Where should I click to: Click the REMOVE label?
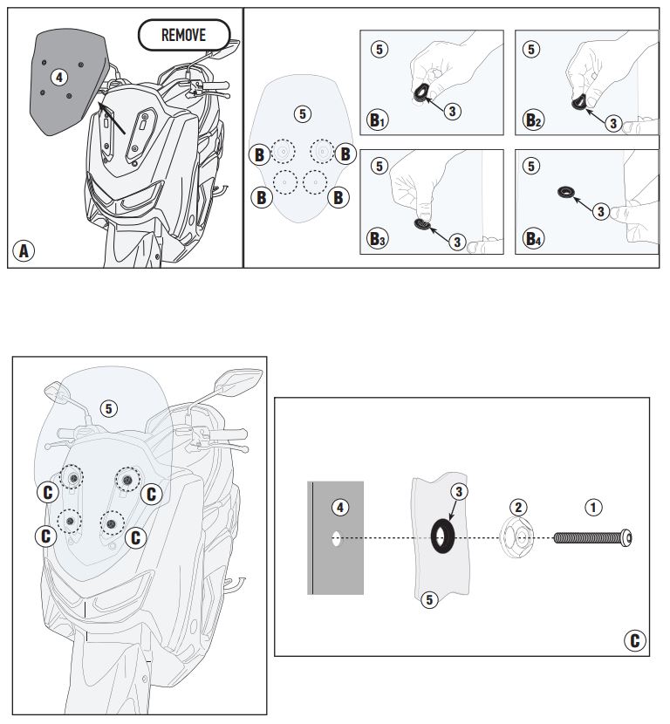[x=184, y=36]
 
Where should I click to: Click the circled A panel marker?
[x=24, y=251]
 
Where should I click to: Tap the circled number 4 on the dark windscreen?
[x=58, y=77]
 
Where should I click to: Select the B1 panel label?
[x=377, y=120]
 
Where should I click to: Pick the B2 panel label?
[x=533, y=120]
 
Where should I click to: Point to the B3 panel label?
[x=377, y=239]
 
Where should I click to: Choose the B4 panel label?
[x=533, y=238]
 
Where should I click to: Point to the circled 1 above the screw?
[x=592, y=506]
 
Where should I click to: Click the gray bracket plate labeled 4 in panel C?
[x=336, y=558]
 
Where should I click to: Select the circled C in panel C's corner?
[x=636, y=641]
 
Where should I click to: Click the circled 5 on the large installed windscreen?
[x=108, y=408]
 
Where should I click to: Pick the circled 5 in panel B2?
[x=531, y=49]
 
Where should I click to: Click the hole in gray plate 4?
[x=336, y=539]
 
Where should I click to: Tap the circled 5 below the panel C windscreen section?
[x=428, y=599]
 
